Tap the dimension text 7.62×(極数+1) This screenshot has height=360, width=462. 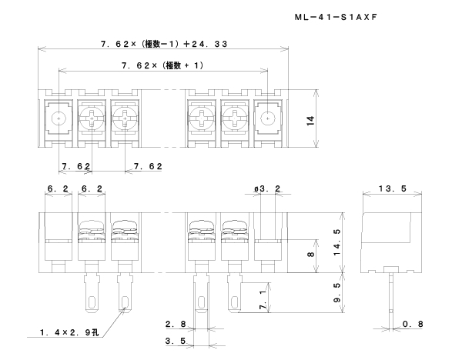[x=162, y=65]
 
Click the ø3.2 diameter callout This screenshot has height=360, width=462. [x=266, y=187]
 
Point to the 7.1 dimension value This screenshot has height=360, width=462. [x=264, y=296]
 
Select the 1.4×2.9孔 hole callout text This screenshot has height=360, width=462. [x=69, y=333]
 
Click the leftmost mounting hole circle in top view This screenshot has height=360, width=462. [x=59, y=119]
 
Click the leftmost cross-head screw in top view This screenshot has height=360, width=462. [x=92, y=119]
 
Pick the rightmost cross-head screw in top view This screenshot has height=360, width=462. [x=233, y=119]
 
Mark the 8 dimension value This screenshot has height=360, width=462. [x=311, y=255]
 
